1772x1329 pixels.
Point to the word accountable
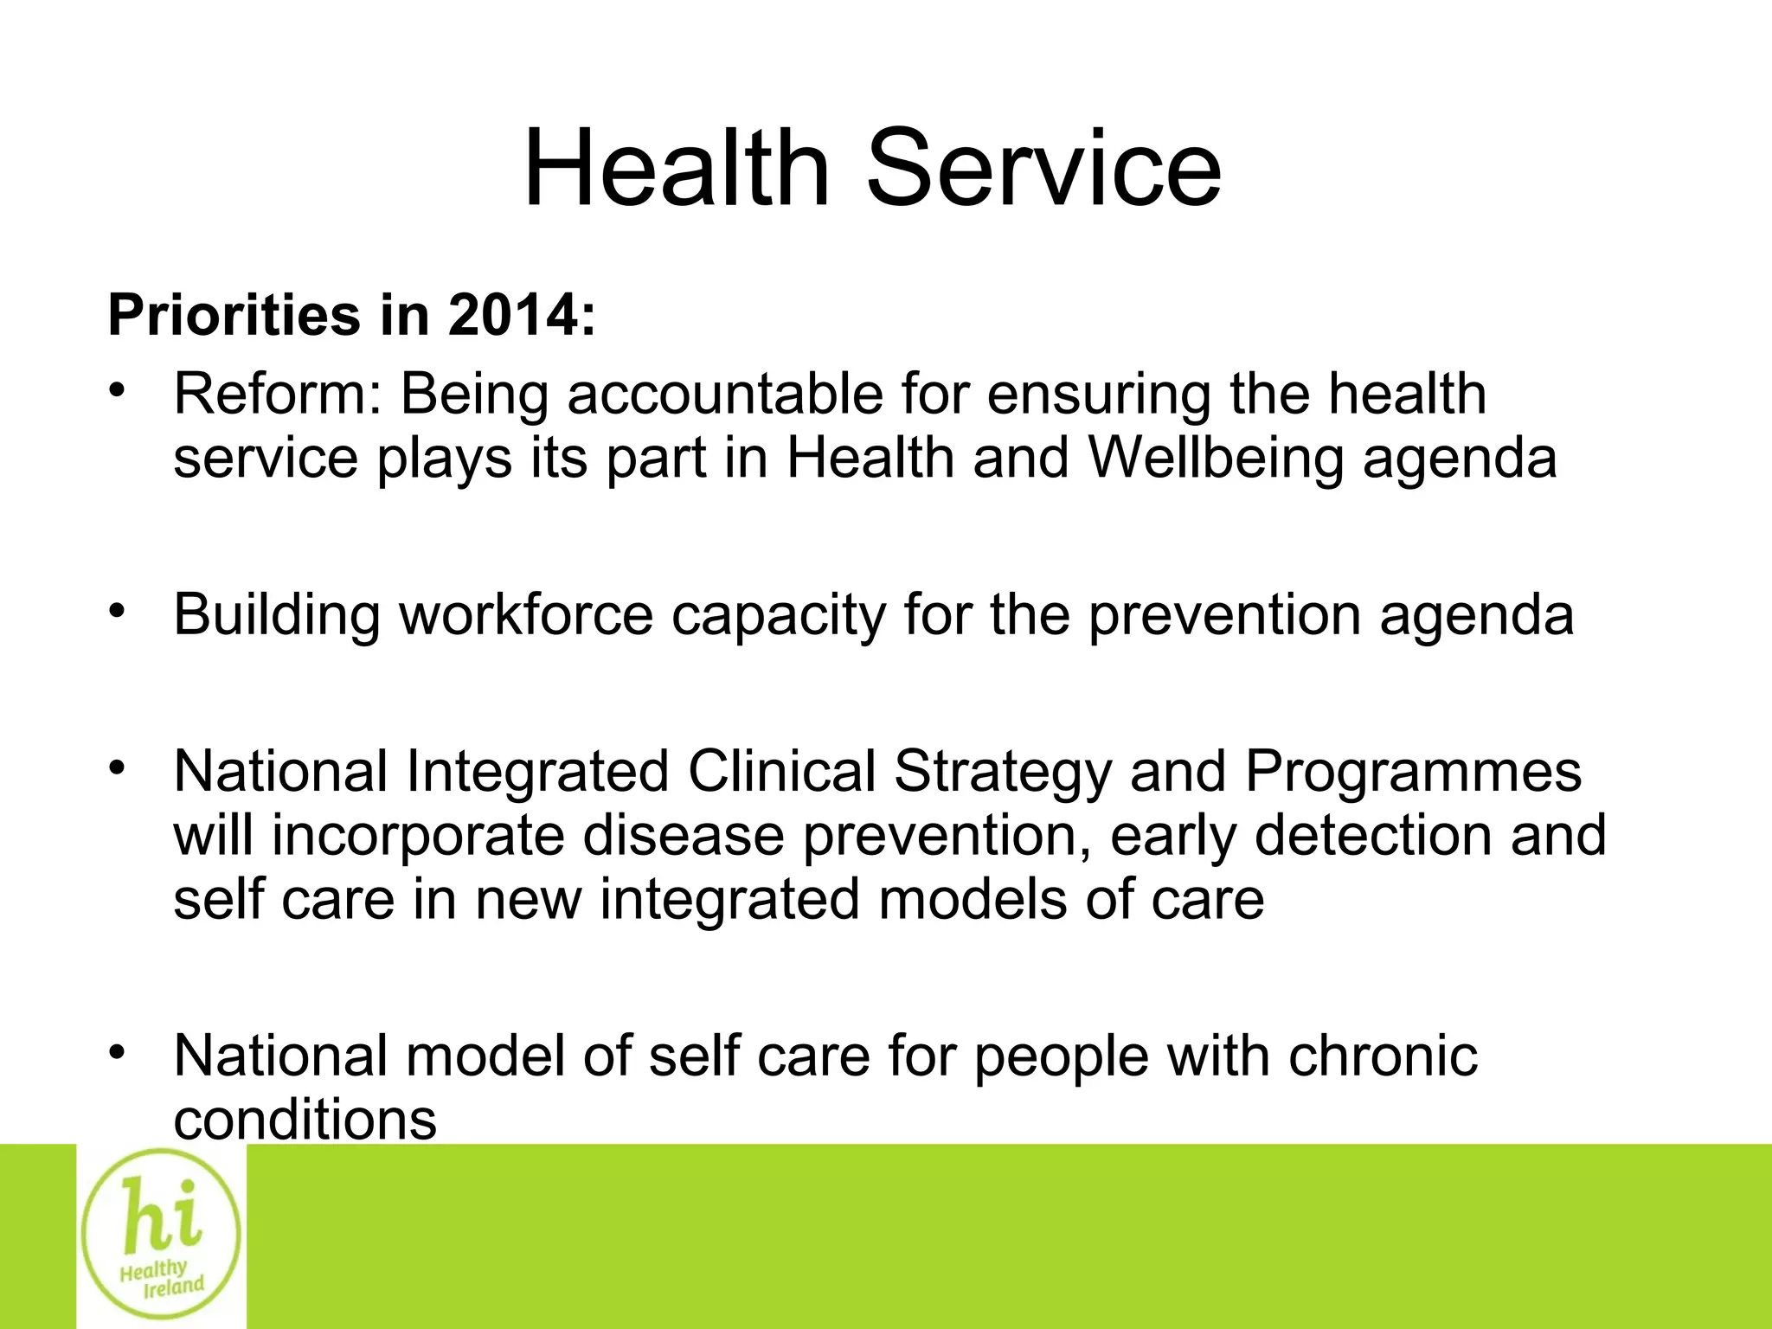[725, 395]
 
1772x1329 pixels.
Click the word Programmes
[1413, 773]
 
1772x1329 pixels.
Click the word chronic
[1382, 1056]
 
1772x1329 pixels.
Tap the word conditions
[305, 1120]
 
